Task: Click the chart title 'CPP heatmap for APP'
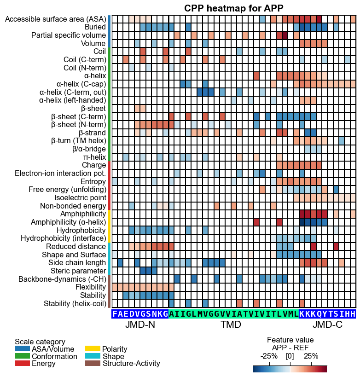233,8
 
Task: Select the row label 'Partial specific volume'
69,35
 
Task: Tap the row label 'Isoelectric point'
80,197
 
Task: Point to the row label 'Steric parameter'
78,271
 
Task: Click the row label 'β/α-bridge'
89,149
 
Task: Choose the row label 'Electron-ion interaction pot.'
60,174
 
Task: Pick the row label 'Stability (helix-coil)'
75,304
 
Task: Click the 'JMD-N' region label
140,325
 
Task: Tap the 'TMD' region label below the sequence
231,325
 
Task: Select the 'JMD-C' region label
327,325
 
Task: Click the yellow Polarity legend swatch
93,348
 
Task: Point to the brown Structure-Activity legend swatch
93,363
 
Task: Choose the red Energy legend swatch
22,363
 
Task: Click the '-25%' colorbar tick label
269,356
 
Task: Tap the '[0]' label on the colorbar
290,356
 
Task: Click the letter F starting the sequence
115,314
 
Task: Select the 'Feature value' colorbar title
290,340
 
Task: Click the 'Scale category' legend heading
40,342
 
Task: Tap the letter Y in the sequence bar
325,314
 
